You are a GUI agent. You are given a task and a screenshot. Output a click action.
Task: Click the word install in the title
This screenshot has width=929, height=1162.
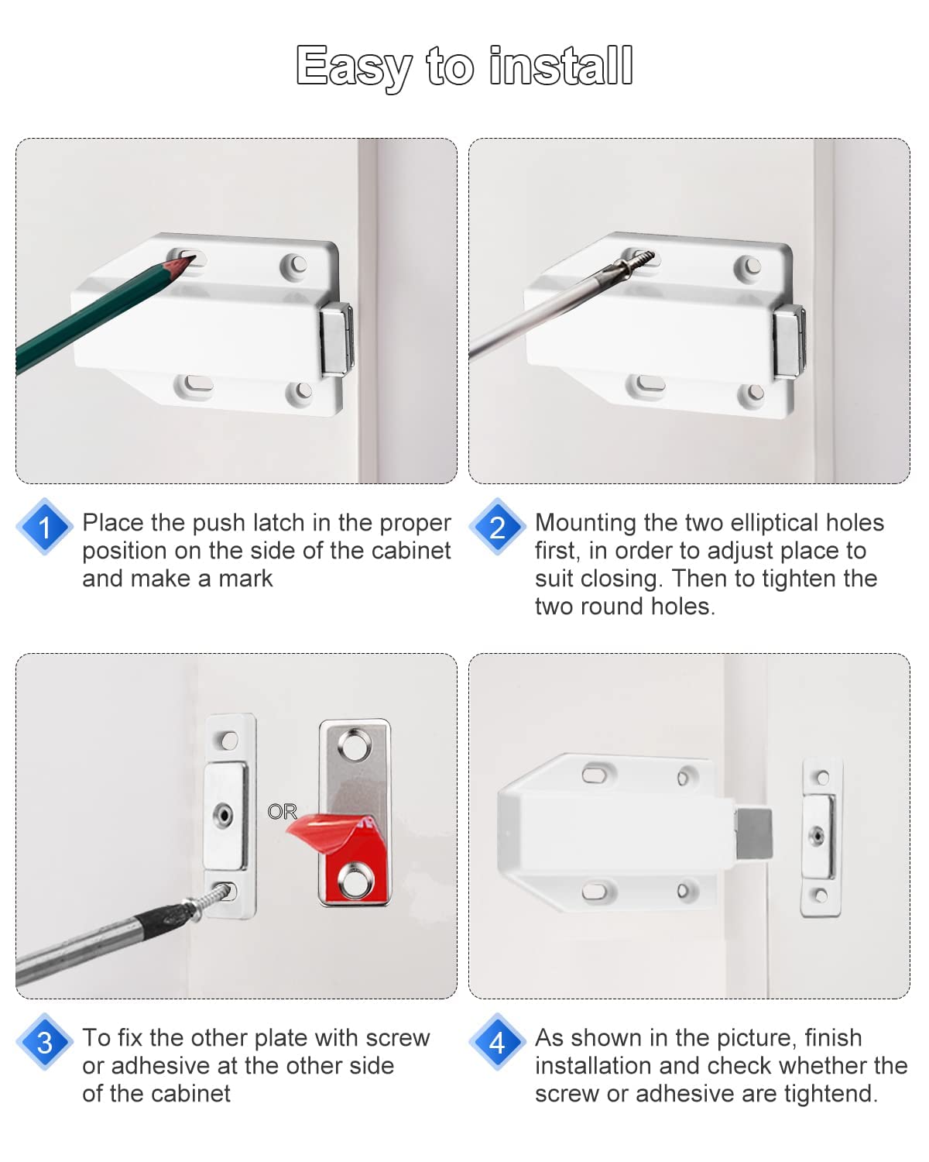point(561,67)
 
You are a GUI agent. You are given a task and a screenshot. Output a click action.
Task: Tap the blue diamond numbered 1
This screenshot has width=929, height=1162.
point(45,527)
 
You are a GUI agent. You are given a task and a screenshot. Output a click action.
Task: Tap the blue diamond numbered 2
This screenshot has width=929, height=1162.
point(497,527)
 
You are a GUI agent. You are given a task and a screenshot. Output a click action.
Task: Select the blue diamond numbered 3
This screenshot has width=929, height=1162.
point(45,1042)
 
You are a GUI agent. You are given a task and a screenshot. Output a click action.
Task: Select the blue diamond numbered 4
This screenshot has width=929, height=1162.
point(497,1042)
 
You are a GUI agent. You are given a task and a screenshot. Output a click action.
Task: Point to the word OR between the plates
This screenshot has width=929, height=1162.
point(282,811)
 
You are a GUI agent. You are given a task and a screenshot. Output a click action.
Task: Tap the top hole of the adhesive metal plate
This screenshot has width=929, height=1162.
point(355,746)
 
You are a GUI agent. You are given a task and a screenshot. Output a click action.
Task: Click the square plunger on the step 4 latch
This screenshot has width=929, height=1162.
point(752,833)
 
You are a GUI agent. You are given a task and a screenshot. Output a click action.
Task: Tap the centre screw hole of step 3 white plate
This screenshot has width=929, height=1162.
point(224,815)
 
